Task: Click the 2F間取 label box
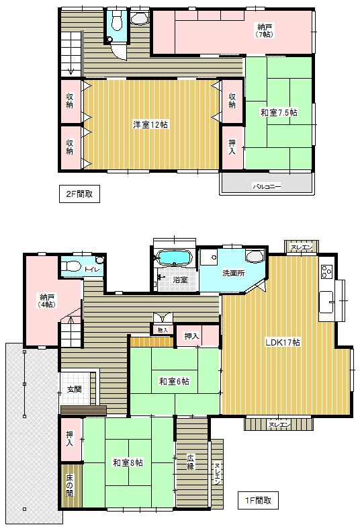[79, 194]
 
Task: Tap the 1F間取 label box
[258, 500]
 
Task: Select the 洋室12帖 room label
[150, 124]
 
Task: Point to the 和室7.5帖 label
[279, 112]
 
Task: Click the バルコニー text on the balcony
[267, 186]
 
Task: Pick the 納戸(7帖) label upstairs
[265, 30]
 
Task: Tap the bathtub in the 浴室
[175, 257]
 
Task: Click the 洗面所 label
[234, 273]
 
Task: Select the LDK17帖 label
[283, 342]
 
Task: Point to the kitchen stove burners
[327, 272]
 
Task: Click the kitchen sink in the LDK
[326, 302]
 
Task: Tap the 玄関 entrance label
[74, 389]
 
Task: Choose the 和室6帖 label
[174, 381]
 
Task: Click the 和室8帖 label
[128, 462]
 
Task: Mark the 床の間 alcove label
[70, 485]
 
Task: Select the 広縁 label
[191, 462]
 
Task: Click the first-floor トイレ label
[92, 269]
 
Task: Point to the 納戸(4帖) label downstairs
[48, 300]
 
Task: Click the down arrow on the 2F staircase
[71, 72]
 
